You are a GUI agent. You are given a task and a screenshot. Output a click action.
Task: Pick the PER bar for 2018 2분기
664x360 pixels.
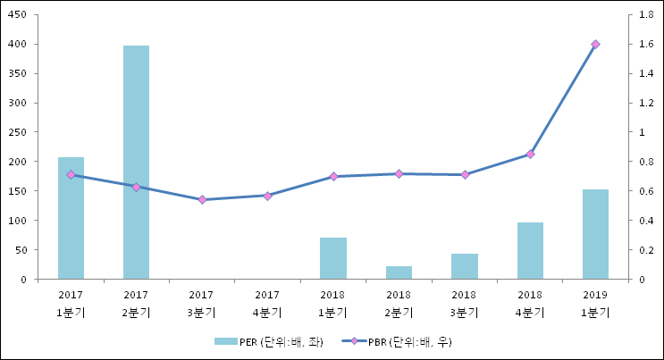pyautogui.click(x=399, y=272)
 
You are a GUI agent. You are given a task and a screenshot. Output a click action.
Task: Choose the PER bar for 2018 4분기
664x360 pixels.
pyautogui.click(x=530, y=251)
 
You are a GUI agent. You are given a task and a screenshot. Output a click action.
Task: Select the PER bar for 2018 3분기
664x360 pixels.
pyautogui.click(x=464, y=266)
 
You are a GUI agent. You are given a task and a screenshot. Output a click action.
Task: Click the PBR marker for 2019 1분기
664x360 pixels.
pyautogui.click(x=595, y=44)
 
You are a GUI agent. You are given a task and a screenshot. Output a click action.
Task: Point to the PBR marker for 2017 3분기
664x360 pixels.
pyautogui.click(x=202, y=200)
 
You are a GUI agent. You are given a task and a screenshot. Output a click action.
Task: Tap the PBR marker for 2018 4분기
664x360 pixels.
pyautogui.click(x=530, y=155)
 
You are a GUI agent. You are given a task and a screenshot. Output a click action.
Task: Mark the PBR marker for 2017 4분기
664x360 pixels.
pyautogui.click(x=267, y=196)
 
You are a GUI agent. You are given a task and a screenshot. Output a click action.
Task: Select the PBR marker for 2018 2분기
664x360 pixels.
pyautogui.click(x=399, y=174)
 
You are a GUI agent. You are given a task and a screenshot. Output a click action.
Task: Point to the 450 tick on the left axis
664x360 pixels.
pyautogui.click(x=18, y=15)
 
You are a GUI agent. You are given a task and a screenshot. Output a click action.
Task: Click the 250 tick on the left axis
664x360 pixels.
pyautogui.click(x=18, y=132)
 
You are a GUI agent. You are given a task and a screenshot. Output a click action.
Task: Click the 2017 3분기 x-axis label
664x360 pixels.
pyautogui.click(x=202, y=304)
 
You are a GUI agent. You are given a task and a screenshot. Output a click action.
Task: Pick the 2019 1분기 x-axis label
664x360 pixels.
pyautogui.click(x=595, y=304)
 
